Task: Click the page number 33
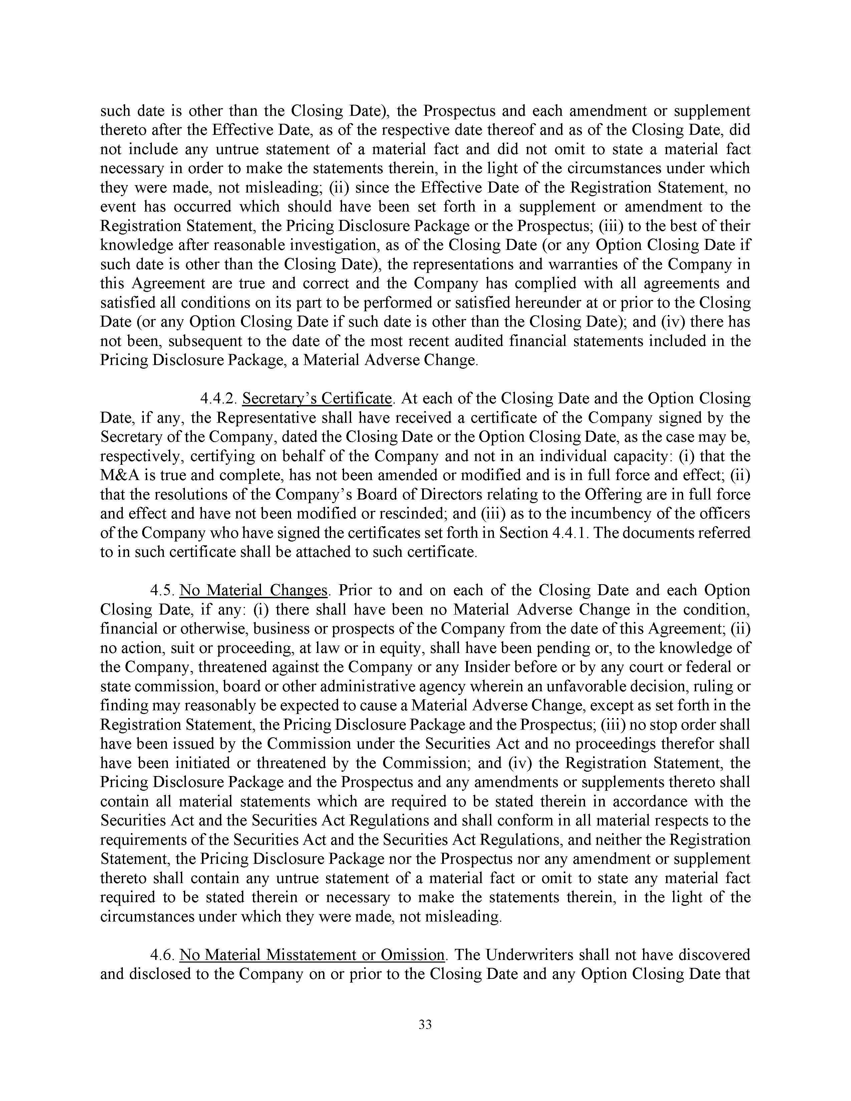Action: tap(425, 1024)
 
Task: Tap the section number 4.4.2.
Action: tap(219, 399)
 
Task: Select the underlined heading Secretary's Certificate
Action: tap(317, 399)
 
